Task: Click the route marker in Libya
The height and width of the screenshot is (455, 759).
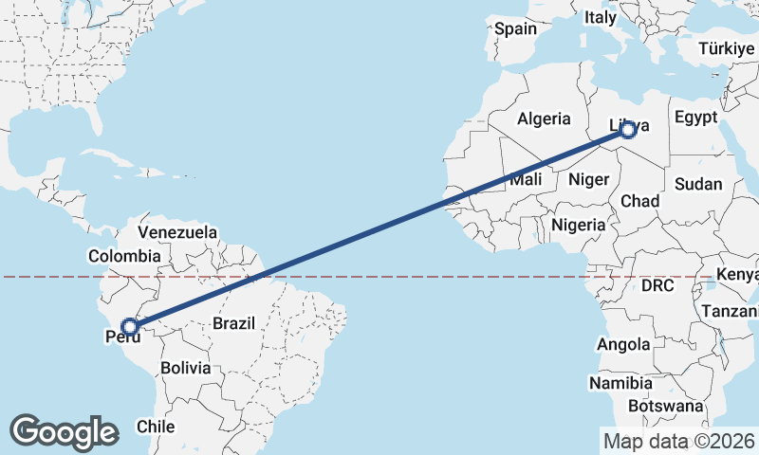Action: pos(626,131)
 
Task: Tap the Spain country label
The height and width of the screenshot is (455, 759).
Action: pos(515,28)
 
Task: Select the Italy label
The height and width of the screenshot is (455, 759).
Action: pos(600,17)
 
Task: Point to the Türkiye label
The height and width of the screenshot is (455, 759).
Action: pos(726,48)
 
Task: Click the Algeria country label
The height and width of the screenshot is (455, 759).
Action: pos(544,118)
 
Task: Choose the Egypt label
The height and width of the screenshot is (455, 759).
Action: pos(695,118)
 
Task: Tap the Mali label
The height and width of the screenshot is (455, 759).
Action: pos(526,179)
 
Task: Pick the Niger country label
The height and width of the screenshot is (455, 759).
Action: pos(587,179)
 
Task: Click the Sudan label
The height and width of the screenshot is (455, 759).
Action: pos(698,184)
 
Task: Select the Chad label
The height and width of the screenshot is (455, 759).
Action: pos(639,201)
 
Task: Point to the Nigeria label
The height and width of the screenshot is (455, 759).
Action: pos(577,226)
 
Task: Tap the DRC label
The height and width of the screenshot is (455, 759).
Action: pos(657,284)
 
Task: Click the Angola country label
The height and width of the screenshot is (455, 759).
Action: pos(624,344)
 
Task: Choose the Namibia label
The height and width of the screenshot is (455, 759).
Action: pos(620,383)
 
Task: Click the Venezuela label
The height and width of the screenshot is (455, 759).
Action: pos(177,232)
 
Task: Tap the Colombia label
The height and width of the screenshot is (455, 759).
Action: pos(124,256)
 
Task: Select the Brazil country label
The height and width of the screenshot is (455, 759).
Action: pos(233,323)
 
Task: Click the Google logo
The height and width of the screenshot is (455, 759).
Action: pos(64,431)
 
